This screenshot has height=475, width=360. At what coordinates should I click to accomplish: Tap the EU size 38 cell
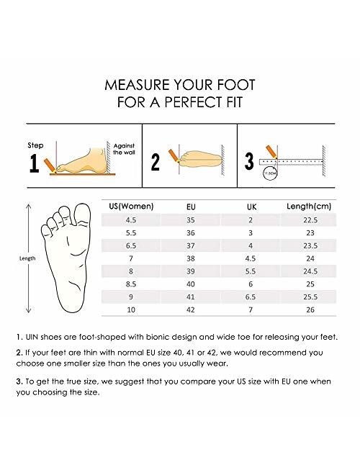(x=190, y=257)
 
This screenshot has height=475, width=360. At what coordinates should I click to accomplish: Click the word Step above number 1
(x=35, y=145)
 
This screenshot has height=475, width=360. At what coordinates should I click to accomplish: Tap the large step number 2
(x=155, y=162)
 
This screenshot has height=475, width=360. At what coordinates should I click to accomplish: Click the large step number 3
(x=250, y=160)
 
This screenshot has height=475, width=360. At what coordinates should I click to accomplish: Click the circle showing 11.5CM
(x=270, y=173)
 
